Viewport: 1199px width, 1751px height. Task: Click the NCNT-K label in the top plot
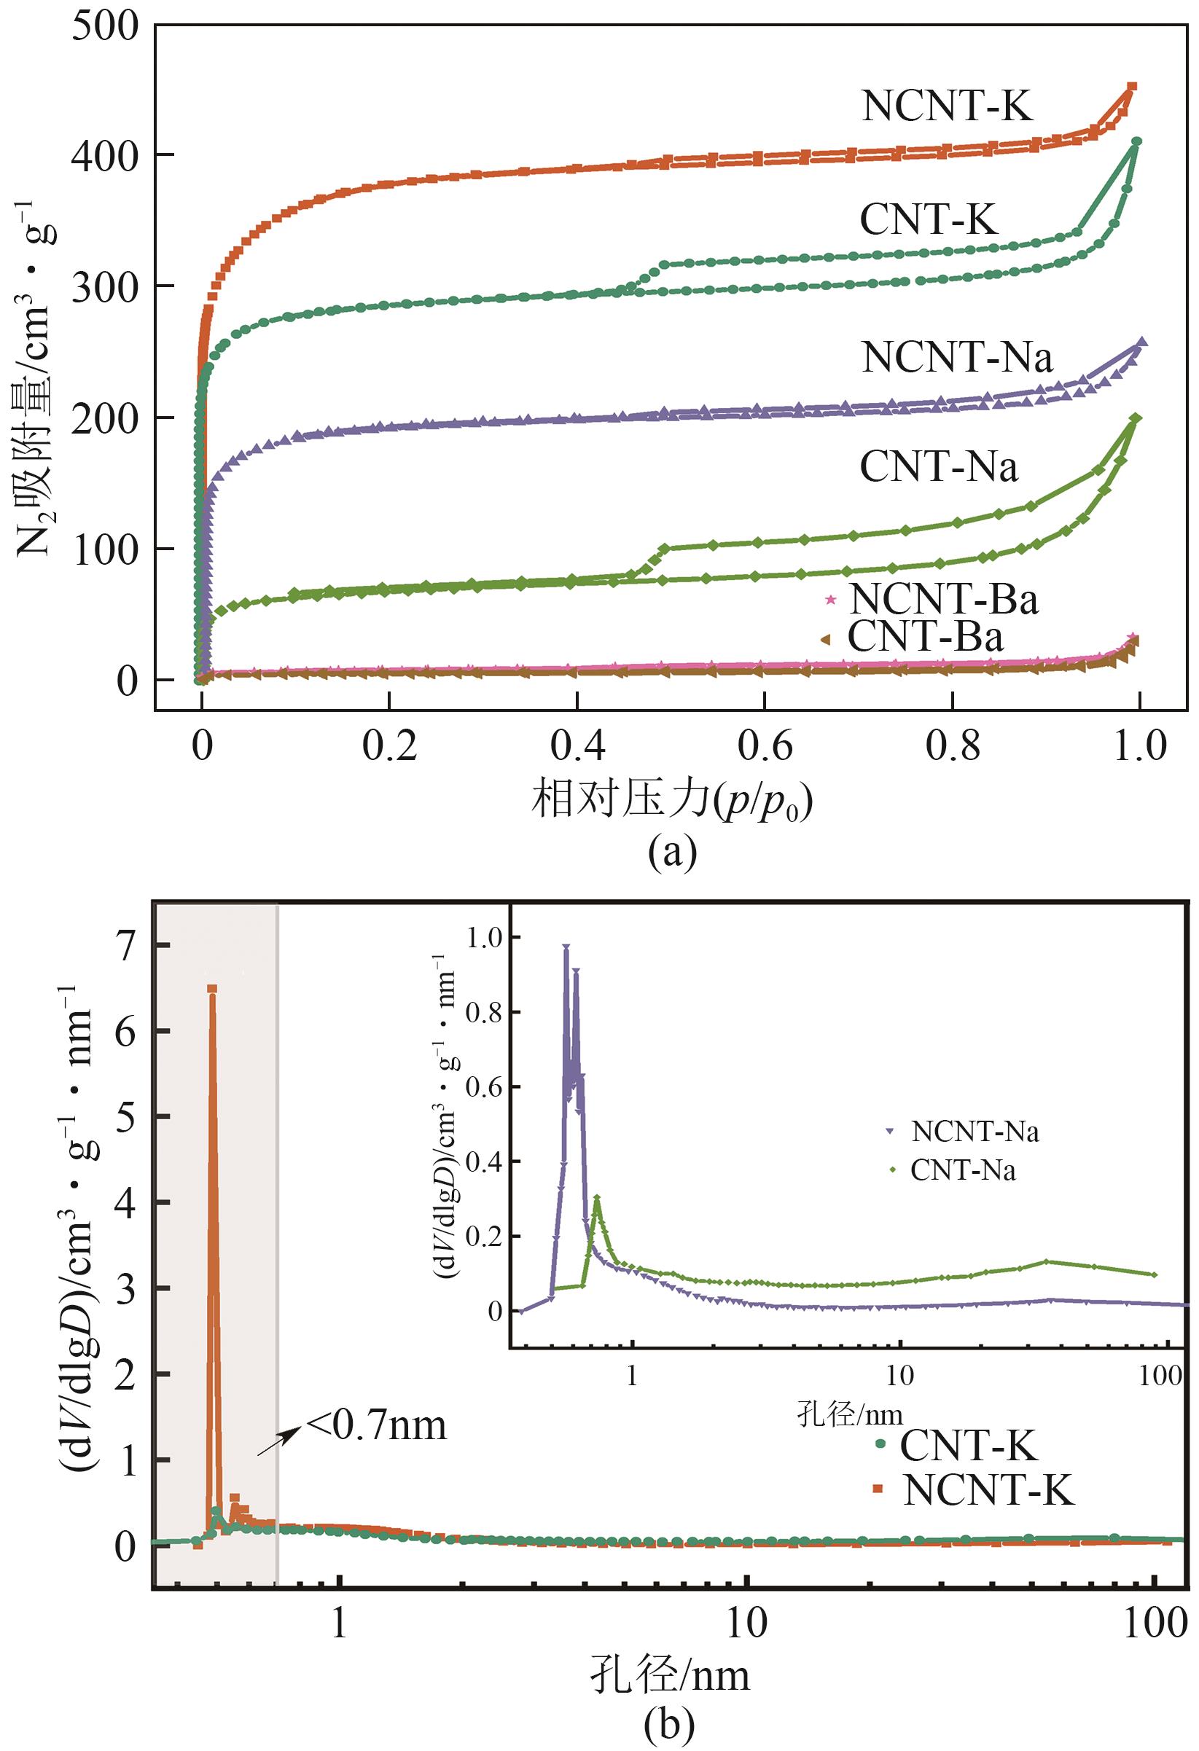(x=947, y=106)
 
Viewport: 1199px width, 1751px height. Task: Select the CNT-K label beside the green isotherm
(x=929, y=220)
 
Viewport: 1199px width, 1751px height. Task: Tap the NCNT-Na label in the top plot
(x=957, y=357)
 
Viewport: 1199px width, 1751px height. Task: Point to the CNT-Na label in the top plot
(x=938, y=467)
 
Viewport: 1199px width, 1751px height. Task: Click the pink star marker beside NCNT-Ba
(x=830, y=600)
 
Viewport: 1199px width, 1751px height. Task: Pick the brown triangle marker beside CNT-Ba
(x=825, y=639)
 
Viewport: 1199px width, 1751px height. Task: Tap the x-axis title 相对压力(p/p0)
(x=673, y=802)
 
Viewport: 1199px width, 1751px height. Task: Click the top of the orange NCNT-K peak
(x=213, y=990)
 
